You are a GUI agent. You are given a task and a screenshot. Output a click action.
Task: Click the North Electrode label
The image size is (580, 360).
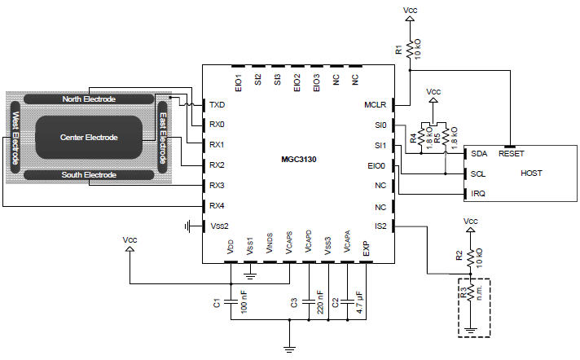coord(89,99)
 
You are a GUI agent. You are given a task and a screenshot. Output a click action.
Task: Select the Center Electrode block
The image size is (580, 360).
coord(89,138)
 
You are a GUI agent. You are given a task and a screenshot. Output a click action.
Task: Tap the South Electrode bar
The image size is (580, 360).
coord(89,175)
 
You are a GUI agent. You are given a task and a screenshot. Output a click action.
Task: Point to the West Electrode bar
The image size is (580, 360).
coord(15,138)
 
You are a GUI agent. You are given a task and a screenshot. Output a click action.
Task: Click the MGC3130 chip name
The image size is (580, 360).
coord(298,160)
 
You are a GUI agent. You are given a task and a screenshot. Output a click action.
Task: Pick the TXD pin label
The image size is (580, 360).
coord(217,105)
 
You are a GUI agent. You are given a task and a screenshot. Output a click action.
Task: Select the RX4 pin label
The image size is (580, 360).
coord(217,206)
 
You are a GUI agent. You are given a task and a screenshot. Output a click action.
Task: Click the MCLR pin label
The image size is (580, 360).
coord(375,105)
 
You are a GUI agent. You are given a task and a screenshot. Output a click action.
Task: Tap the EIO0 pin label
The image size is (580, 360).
coord(376,166)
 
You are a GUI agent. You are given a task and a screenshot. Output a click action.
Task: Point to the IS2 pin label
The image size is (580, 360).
coord(380,226)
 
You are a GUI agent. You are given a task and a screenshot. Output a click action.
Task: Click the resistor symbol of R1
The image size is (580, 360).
coord(410,49)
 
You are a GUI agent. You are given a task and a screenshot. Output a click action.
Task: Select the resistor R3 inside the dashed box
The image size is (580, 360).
coord(471,292)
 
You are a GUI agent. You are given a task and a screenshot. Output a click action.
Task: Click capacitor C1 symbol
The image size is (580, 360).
coord(231,302)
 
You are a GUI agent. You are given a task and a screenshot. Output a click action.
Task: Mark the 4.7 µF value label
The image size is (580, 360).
coord(359,302)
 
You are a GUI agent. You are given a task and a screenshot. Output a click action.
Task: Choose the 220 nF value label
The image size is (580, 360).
coord(320,302)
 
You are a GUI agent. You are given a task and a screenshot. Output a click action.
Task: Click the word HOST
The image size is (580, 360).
coord(531,173)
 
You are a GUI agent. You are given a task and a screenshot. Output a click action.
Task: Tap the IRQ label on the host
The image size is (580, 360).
coord(478,194)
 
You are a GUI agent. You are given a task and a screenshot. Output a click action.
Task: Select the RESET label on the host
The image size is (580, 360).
coord(512,154)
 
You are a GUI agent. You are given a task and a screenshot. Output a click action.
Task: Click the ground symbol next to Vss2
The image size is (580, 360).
coord(188,226)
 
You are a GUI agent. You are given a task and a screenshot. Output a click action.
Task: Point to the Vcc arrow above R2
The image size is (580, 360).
coord(471,230)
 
